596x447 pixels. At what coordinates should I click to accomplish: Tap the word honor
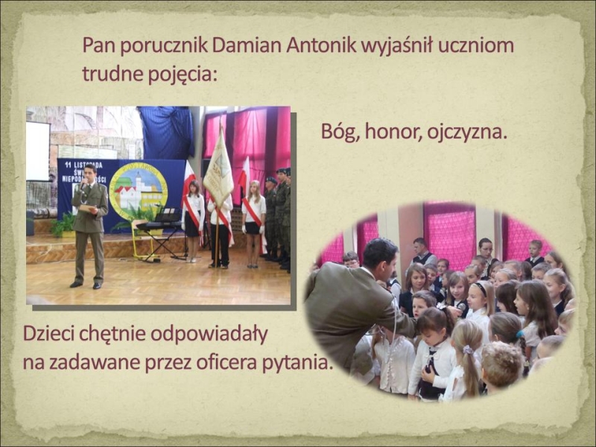coord(393,132)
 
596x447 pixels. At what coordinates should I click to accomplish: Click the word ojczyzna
coord(467,133)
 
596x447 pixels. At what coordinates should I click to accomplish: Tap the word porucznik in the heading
coord(165,46)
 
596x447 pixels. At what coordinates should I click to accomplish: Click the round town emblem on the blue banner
coord(139,191)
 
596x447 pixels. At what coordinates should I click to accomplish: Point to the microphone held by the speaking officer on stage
coord(83,186)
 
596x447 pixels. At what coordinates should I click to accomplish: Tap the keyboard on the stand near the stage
coord(159,225)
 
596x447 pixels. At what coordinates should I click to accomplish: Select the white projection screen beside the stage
coord(38,152)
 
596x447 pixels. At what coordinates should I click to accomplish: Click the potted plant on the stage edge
coord(63,225)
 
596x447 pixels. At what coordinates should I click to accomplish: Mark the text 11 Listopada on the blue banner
coord(83,165)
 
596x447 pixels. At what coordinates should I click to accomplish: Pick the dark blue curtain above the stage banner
coord(166,133)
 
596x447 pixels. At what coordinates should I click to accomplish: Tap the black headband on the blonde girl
coord(481,289)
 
